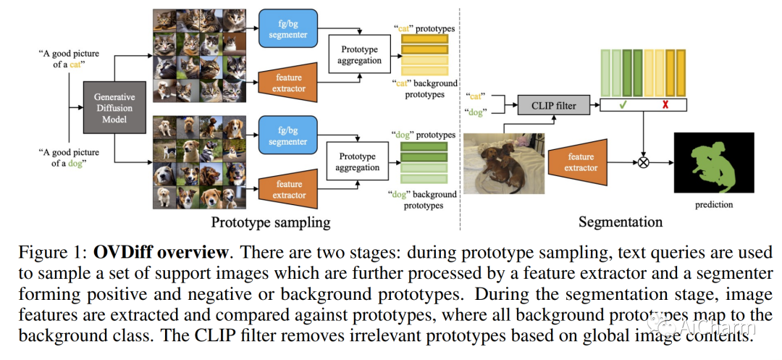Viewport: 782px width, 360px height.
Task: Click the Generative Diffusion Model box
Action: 114,108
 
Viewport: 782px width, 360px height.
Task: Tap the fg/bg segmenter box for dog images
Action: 287,136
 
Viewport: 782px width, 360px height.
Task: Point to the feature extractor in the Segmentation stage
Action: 581,162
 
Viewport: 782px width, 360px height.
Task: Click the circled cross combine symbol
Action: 642,162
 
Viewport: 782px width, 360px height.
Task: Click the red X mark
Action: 664,106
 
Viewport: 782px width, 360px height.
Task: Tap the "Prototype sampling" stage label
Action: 271,222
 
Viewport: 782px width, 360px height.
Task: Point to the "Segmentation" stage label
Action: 621,222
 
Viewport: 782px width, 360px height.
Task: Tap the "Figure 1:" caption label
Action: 52,254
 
